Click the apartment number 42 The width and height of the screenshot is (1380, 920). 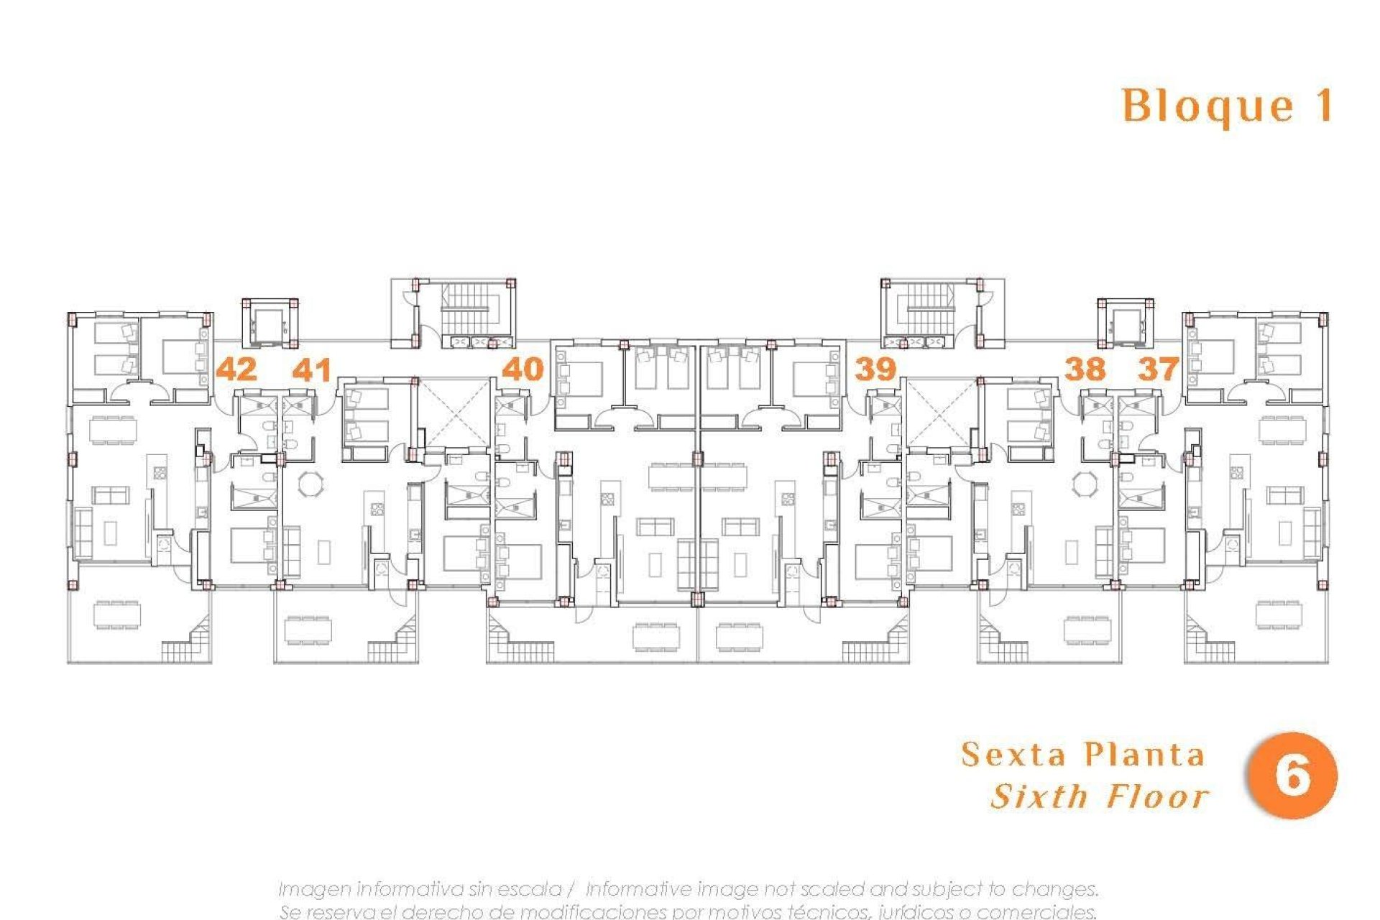pos(236,369)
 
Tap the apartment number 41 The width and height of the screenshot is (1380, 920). pos(312,369)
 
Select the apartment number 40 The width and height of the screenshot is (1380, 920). pos(523,369)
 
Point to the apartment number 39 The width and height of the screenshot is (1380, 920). pos(875,369)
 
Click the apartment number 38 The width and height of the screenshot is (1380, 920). pos(1084,369)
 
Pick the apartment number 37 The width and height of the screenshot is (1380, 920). pos(1158,369)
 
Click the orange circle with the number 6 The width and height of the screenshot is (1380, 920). pos(1292,776)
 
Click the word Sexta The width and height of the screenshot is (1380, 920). pos(1014,755)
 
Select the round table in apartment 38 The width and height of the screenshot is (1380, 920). pos(1083,483)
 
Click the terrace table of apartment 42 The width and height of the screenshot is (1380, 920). pos(117,615)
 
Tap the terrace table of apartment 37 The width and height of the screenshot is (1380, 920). pos(1279,615)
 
